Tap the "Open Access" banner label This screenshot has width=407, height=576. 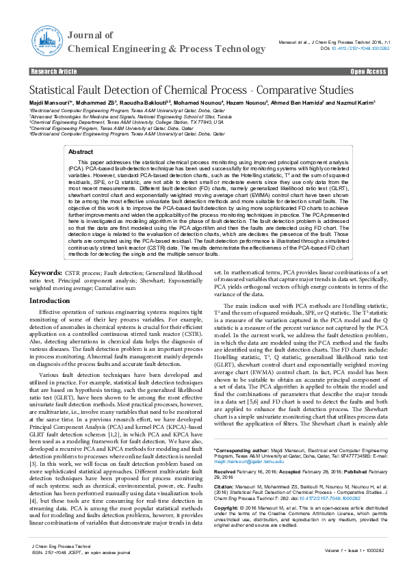(368, 71)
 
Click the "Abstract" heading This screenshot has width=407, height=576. (81, 152)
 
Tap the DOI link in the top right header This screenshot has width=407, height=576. (360, 49)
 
